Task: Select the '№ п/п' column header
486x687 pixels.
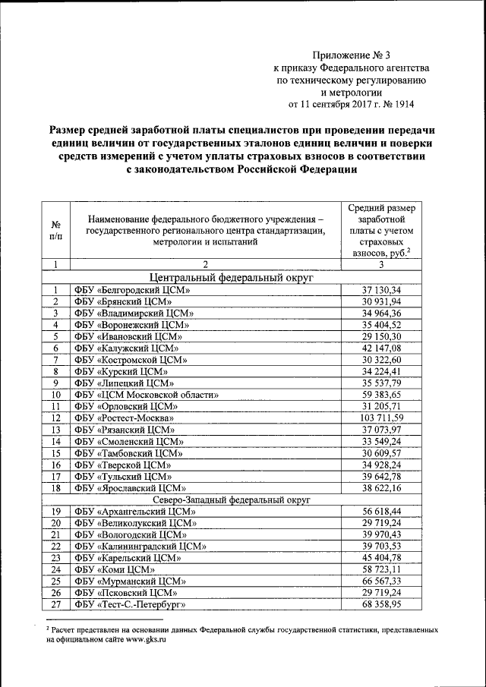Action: coord(56,232)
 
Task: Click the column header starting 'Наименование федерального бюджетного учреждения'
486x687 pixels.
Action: coord(205,231)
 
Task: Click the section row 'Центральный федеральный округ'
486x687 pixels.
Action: coord(232,278)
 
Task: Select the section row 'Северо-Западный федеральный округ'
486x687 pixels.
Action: coord(232,500)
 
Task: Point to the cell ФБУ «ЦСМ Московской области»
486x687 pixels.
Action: coord(147,395)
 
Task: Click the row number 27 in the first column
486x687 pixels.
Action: coord(56,604)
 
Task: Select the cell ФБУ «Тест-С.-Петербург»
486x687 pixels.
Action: coord(130,604)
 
